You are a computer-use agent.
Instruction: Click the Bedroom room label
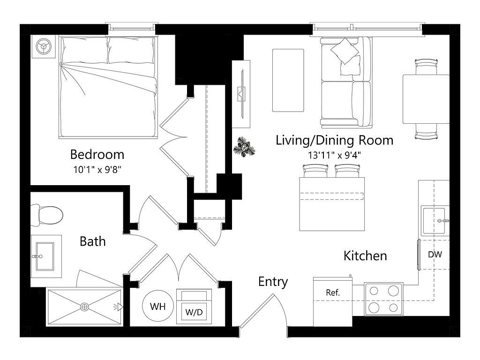[97, 154]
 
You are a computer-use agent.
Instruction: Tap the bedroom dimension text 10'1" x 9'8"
[97, 170]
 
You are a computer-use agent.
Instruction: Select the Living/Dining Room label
[334, 140]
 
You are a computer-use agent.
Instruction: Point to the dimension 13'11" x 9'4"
[334, 155]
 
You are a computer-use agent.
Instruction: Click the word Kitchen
[365, 255]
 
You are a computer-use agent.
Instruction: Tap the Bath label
[92, 241]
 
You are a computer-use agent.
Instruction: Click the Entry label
[273, 282]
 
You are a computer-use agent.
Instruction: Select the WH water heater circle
[158, 306]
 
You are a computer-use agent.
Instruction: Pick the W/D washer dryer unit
[194, 306]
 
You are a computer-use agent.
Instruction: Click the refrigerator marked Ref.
[333, 302]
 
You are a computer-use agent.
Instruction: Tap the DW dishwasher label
[435, 255]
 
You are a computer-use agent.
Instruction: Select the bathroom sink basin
[45, 256]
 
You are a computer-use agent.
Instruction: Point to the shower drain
[85, 307]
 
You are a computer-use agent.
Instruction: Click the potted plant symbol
[244, 147]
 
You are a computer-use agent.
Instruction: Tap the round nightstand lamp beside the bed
[44, 46]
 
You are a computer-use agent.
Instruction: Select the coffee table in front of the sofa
[288, 80]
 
